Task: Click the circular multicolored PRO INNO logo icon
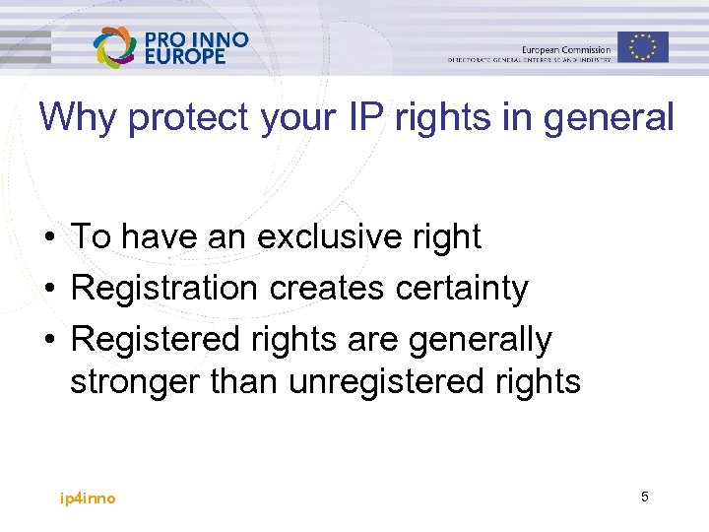point(115,46)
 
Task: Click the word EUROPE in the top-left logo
point(185,57)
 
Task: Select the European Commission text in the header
point(565,49)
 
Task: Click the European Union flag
point(643,46)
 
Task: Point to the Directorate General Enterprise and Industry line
point(529,61)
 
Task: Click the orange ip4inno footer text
point(88,499)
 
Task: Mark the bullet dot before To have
point(47,237)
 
